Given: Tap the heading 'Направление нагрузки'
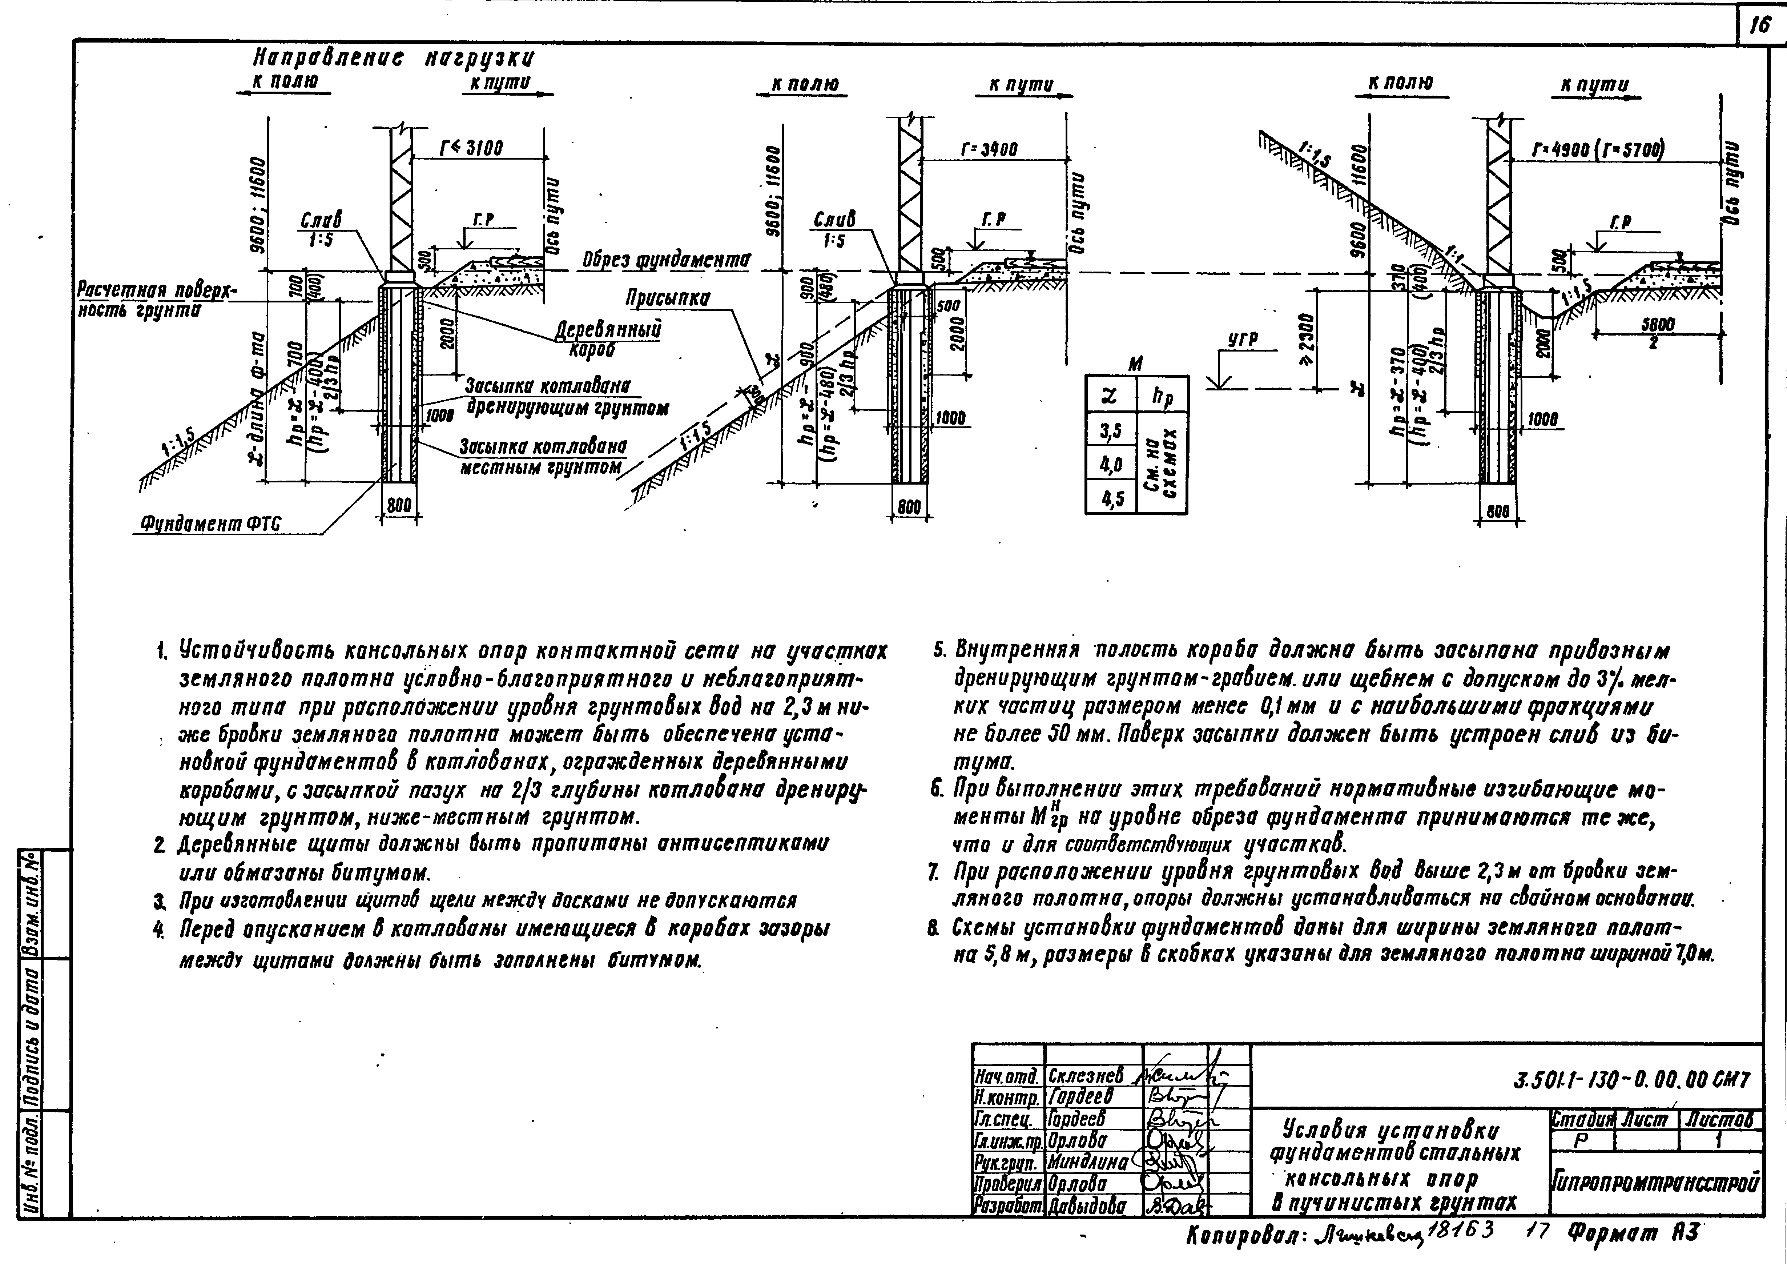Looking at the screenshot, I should click(394, 59).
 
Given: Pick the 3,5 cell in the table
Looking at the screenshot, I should click(1111, 430).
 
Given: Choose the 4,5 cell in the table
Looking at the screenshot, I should click(1111, 498).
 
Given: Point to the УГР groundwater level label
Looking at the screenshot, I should click(1243, 339).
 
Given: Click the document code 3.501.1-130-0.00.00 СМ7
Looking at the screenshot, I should click(1632, 1080).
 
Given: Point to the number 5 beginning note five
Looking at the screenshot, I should click(939, 648).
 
